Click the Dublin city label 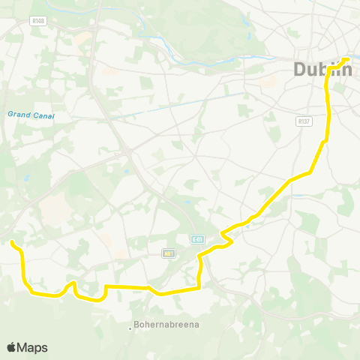(322, 70)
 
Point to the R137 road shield (304, 120)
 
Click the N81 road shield (168, 253)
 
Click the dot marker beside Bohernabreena (129, 326)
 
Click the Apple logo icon (11, 347)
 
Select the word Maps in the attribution (32, 347)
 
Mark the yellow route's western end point (13, 241)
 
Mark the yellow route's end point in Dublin (346, 59)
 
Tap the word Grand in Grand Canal (17, 115)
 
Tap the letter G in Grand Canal (10, 115)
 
